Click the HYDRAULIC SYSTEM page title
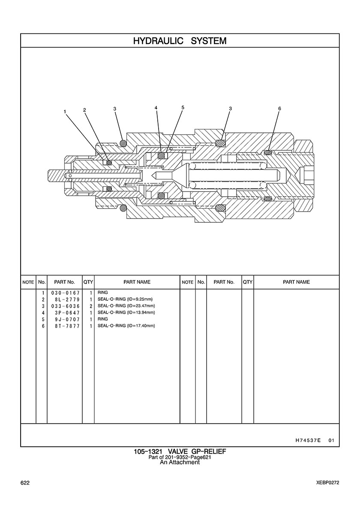pyautogui.click(x=180, y=41)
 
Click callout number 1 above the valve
pyautogui.click(x=65, y=111)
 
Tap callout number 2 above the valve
pyautogui.click(x=84, y=110)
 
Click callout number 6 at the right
pyautogui.click(x=279, y=109)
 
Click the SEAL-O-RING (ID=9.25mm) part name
pyautogui.click(x=125, y=299)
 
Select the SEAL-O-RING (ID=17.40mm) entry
pyautogui.click(x=126, y=326)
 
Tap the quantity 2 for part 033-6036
pyautogui.click(x=91, y=306)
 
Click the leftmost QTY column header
pyautogui.click(x=88, y=282)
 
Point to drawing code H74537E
pyautogui.click(x=308, y=440)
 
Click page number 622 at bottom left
pyautogui.click(x=25, y=483)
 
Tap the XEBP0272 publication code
pyautogui.click(x=325, y=483)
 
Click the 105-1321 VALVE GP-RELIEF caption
pyautogui.click(x=180, y=452)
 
